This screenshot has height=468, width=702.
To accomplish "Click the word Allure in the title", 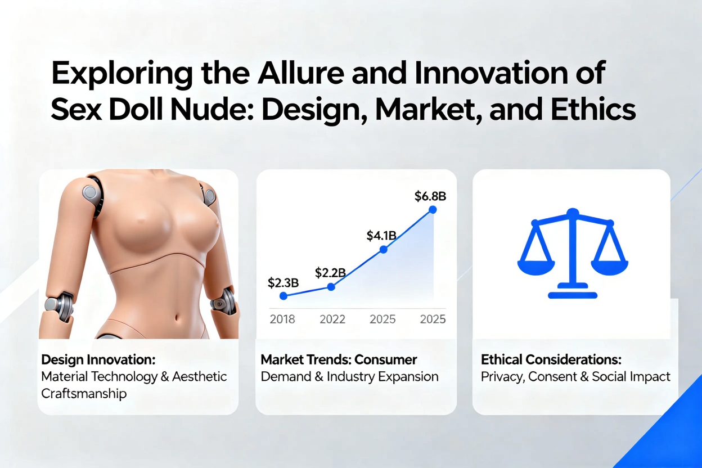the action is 300,73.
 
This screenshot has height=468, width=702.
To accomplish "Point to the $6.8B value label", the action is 430,196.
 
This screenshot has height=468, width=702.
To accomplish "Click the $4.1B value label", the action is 381,236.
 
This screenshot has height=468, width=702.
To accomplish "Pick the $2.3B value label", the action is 283,283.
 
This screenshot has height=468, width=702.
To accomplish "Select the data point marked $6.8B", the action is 433,210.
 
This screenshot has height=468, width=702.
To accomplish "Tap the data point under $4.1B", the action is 383,250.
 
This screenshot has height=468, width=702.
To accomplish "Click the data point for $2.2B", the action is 331,287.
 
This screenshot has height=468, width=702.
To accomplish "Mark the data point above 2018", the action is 283,296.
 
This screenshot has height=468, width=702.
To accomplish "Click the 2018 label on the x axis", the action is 282,319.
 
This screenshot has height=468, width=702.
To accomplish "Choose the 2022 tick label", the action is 332,319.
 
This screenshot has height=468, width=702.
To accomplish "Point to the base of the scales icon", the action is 573,295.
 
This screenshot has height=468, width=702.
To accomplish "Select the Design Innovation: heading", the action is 98,359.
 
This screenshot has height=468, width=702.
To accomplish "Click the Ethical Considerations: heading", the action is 551,359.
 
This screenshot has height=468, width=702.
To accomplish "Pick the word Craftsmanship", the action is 84,394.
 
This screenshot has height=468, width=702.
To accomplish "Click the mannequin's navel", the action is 177,318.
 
